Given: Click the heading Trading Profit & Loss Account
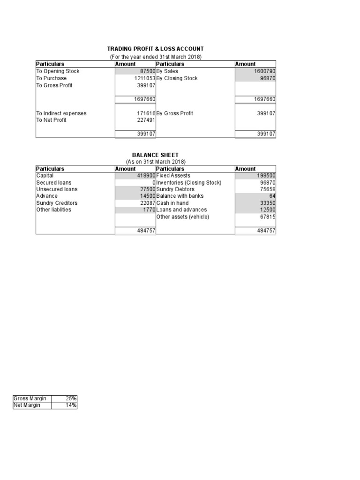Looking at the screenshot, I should tap(155, 49).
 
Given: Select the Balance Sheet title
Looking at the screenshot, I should tap(155, 155).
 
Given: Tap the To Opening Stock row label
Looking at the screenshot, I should tap(58, 71).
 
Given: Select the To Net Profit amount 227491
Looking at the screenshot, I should tap(146, 120).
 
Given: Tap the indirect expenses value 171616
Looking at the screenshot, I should tap(146, 113).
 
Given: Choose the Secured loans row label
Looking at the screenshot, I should tap(54, 182).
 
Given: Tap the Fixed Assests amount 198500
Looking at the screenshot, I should tap(266, 175).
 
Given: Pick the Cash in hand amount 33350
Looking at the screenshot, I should tap(267, 203).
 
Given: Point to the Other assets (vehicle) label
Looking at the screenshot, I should tap(183, 217).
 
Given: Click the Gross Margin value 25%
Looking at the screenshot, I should tap(71, 398).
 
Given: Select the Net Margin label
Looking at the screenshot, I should tap(27, 405).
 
